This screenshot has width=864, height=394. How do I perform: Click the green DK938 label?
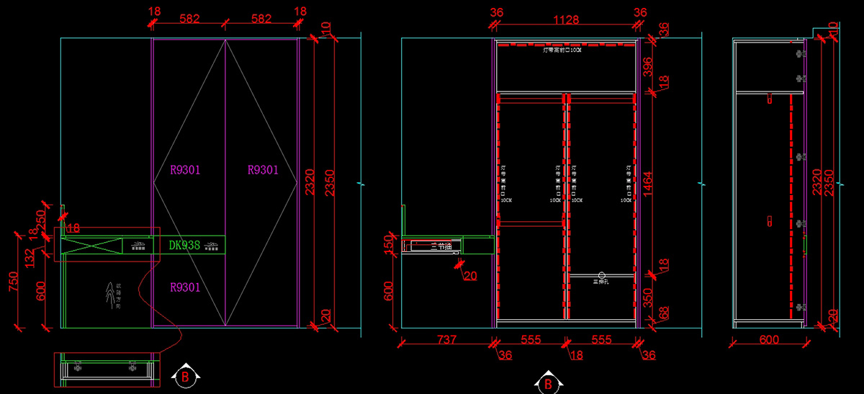[x=184, y=245]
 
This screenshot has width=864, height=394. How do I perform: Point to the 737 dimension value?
[x=446, y=339]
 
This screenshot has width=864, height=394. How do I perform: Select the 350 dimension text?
[x=647, y=297]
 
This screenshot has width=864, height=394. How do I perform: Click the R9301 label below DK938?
[x=185, y=287]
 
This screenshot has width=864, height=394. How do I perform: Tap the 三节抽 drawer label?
[x=440, y=246]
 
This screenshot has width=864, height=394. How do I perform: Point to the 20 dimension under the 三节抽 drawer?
[x=470, y=275]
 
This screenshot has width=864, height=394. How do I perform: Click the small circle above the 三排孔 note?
[x=602, y=274]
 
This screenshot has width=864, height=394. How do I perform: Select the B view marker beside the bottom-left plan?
[x=186, y=375]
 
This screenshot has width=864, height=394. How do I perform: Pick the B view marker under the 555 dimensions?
[x=548, y=384]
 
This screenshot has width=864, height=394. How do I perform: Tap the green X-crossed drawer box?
[x=91, y=245]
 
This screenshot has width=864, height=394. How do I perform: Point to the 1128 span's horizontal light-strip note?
[x=566, y=50]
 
